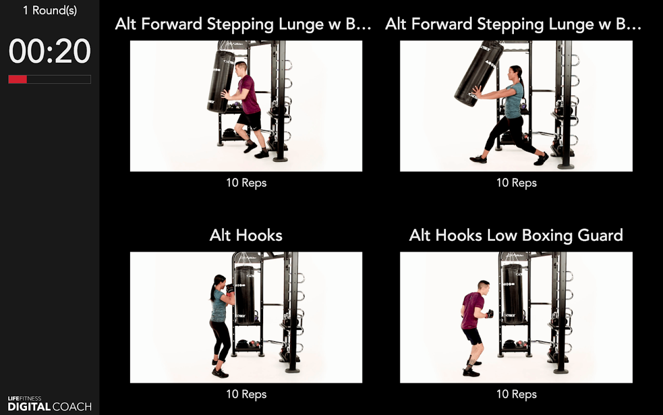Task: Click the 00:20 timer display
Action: [49, 51]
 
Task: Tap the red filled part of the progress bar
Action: [18, 79]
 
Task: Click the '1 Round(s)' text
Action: [50, 10]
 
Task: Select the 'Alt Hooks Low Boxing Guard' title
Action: [516, 236]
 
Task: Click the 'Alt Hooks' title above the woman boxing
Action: [246, 236]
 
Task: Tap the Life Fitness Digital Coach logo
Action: [50, 404]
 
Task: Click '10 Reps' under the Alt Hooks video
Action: [246, 394]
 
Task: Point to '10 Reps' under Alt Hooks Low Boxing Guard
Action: [516, 394]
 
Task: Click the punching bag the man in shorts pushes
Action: [220, 81]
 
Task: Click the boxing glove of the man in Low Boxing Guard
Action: [489, 314]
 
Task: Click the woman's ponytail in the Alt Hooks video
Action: [213, 288]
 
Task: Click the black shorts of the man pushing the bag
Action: [250, 119]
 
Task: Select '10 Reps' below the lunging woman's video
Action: [516, 183]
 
